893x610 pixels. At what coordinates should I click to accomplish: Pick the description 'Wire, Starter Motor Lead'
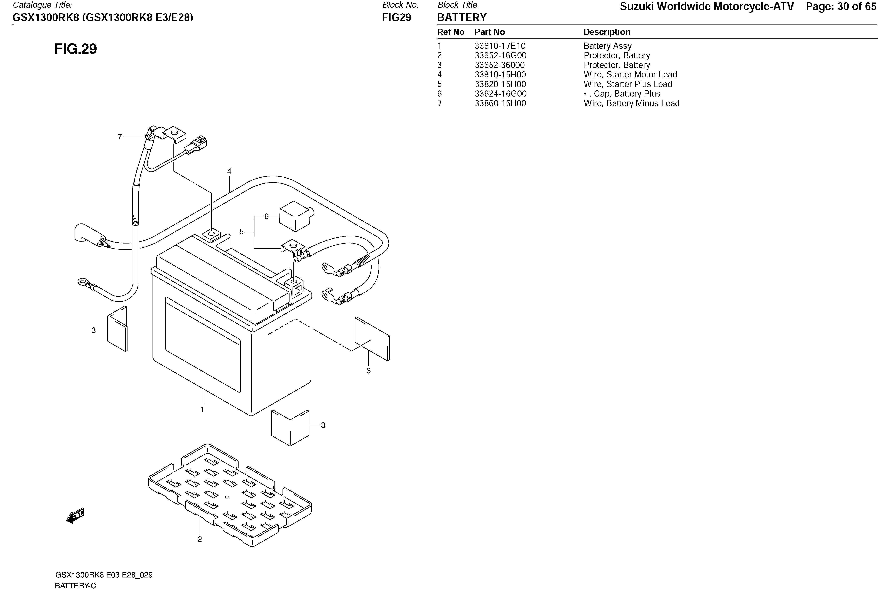click(x=630, y=75)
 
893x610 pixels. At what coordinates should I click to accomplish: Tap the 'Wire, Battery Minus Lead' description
click(x=631, y=103)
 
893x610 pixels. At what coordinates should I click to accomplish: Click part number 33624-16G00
click(x=500, y=94)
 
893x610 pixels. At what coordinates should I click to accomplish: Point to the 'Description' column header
click(x=607, y=32)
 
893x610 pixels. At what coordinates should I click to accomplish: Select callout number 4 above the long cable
click(x=229, y=171)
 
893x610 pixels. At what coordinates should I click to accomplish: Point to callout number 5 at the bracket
click(x=241, y=232)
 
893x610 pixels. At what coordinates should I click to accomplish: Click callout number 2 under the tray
click(x=199, y=539)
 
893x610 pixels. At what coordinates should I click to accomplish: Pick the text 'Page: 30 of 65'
click(x=841, y=7)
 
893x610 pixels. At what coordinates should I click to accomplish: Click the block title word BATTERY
click(x=462, y=17)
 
